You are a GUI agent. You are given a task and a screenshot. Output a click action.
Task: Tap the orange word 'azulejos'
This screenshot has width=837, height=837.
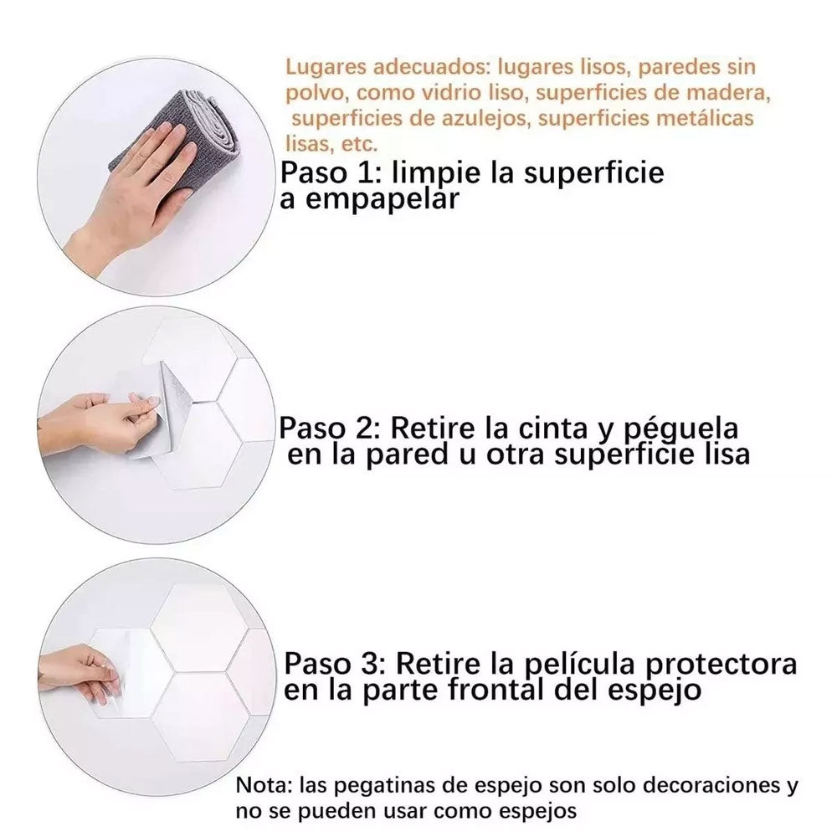(485, 118)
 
